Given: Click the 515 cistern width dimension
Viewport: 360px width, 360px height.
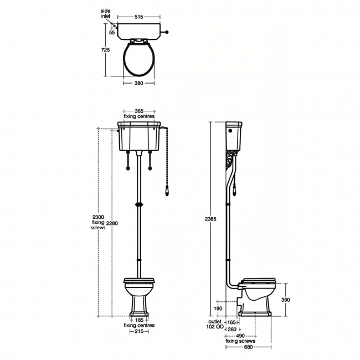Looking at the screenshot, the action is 138,17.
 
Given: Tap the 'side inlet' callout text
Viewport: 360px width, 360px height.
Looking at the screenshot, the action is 105,13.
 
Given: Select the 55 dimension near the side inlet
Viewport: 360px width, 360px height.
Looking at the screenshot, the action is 112,33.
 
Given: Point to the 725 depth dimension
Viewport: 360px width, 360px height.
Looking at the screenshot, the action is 106,50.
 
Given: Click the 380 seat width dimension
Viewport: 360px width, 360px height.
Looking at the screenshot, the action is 138,83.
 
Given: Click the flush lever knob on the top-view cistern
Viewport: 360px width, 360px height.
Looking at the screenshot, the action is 167,32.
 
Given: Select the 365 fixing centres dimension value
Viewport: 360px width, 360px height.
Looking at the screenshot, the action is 139,111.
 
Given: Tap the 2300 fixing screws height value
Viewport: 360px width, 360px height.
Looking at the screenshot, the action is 98,217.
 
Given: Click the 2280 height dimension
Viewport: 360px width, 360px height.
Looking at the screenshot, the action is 112,223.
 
